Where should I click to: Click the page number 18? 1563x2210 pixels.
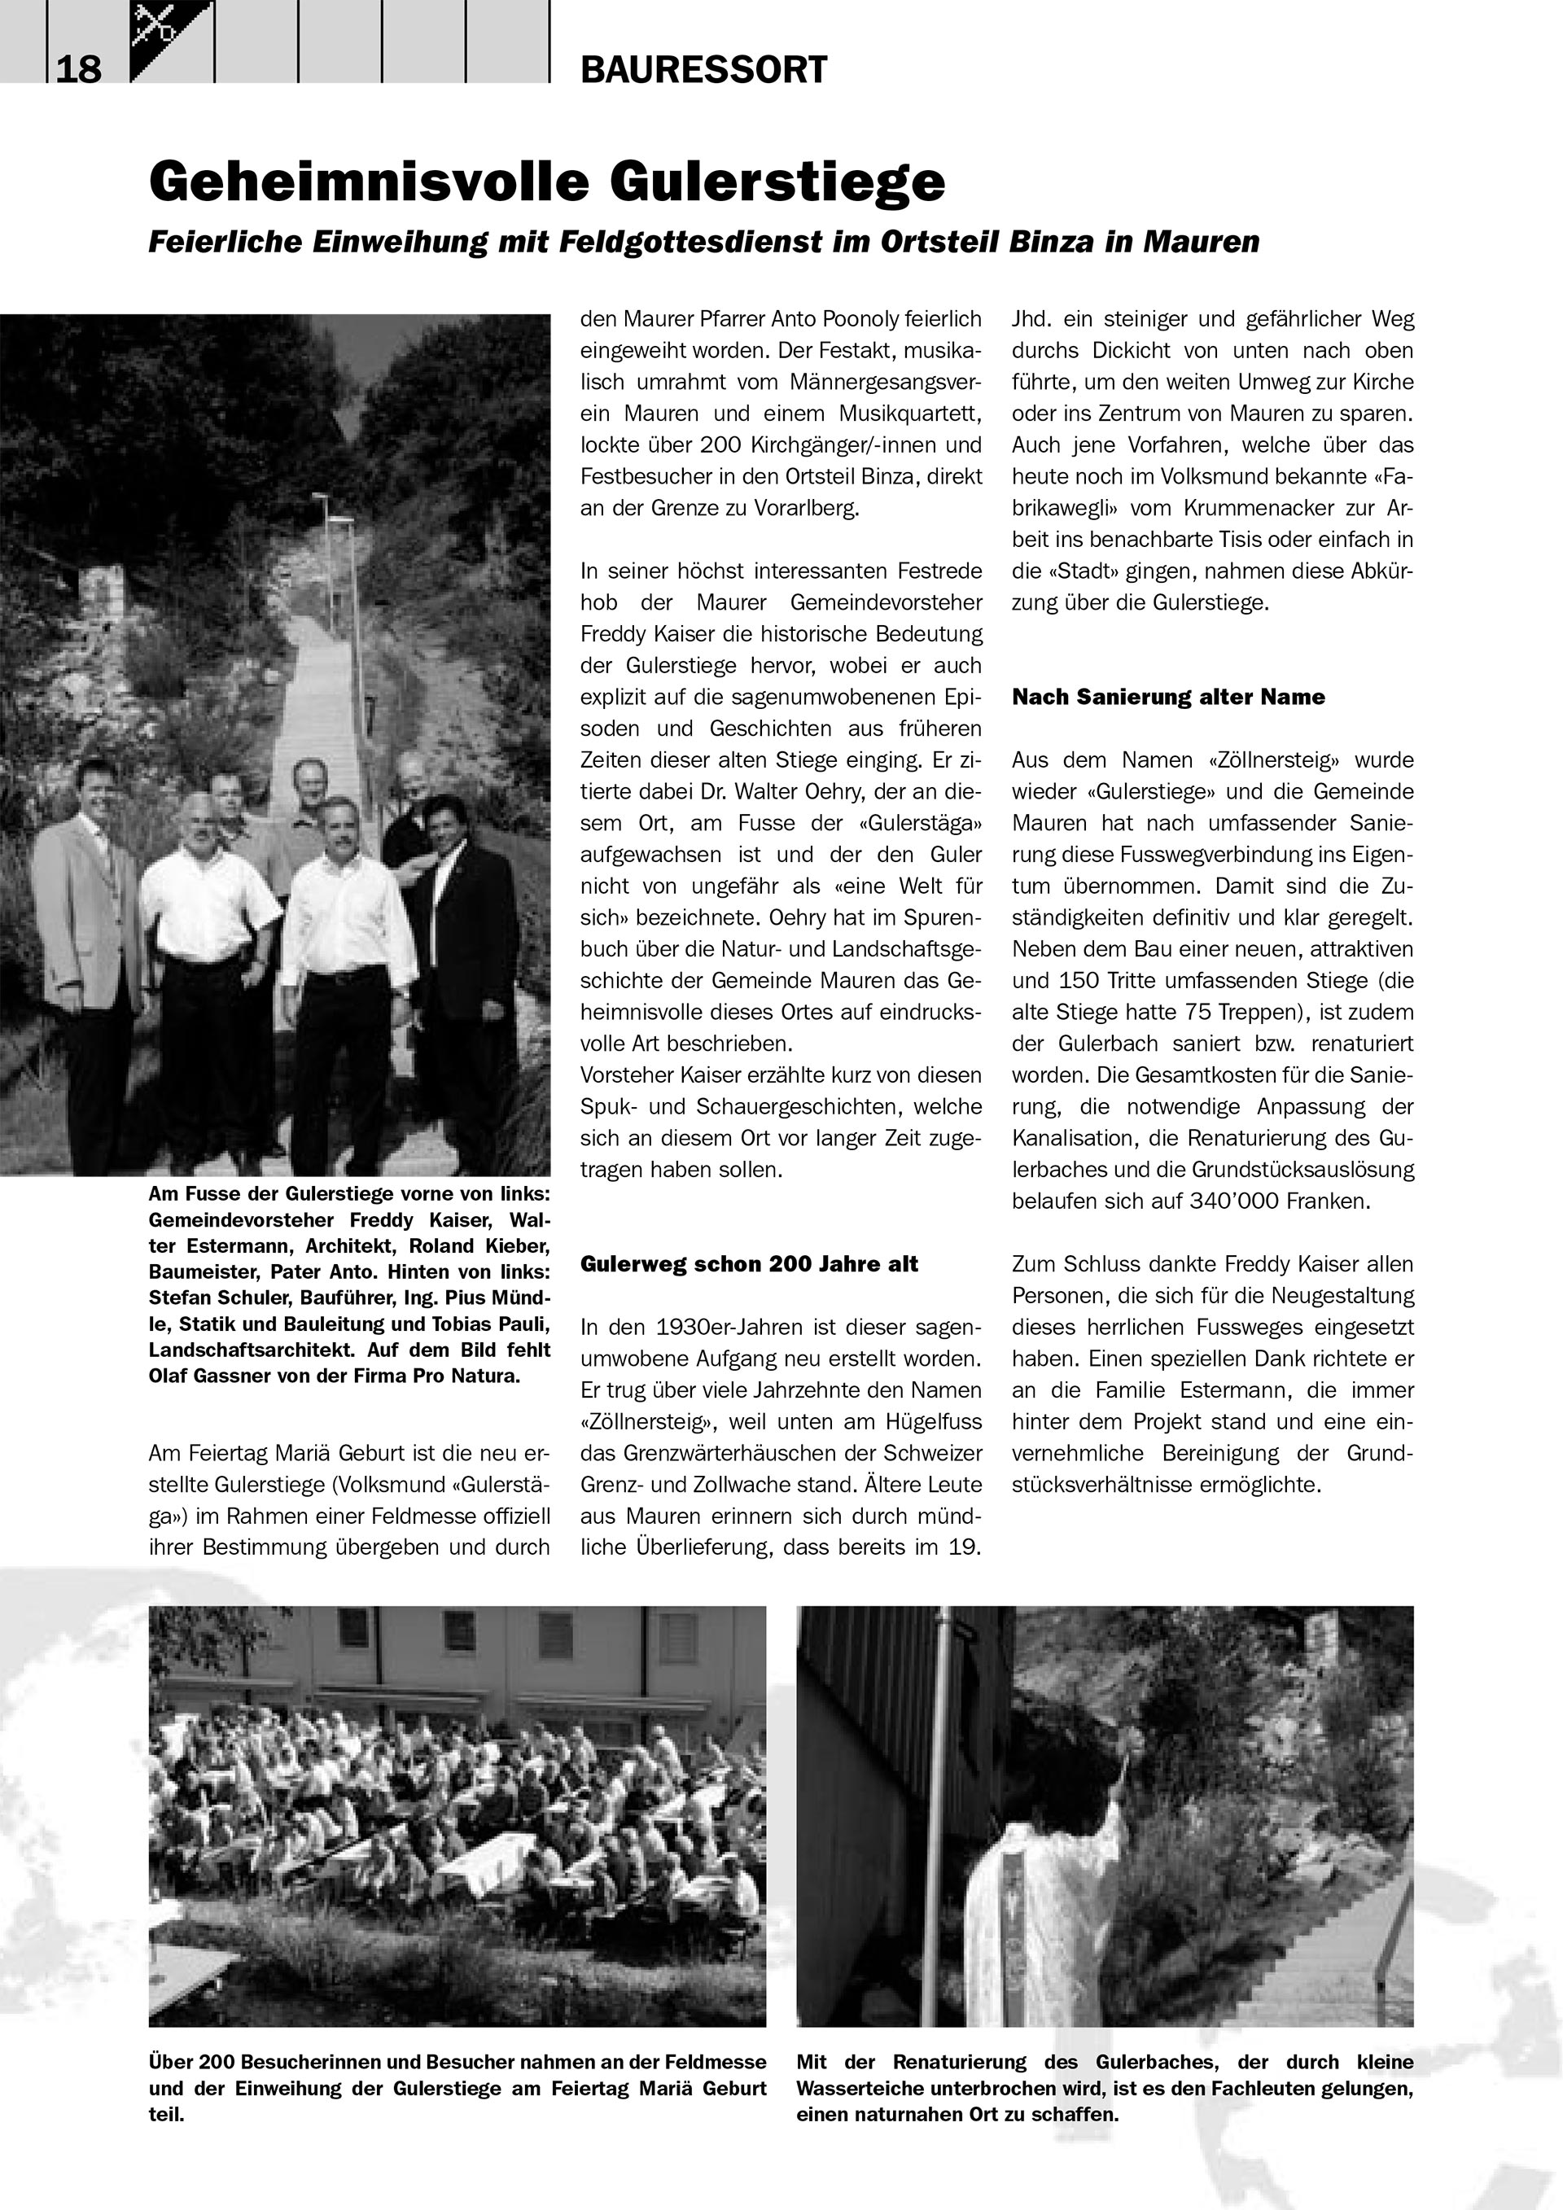click(78, 70)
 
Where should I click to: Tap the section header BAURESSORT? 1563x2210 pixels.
click(703, 70)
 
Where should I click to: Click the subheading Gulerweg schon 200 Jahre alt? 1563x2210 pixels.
click(749, 1264)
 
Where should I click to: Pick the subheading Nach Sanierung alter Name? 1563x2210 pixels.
click(1167, 697)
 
